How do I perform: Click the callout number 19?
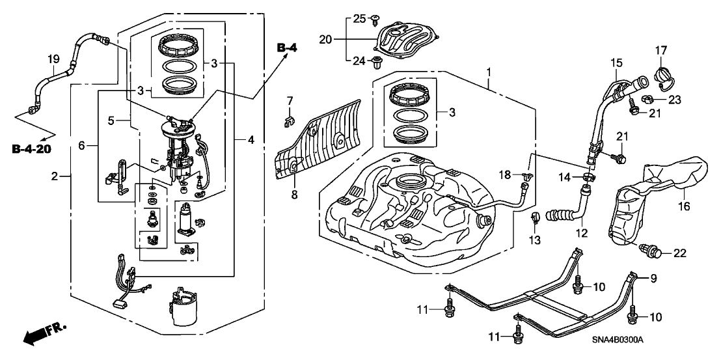(x=53, y=61)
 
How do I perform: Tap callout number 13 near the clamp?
(x=535, y=242)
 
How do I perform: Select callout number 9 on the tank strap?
(x=653, y=278)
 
